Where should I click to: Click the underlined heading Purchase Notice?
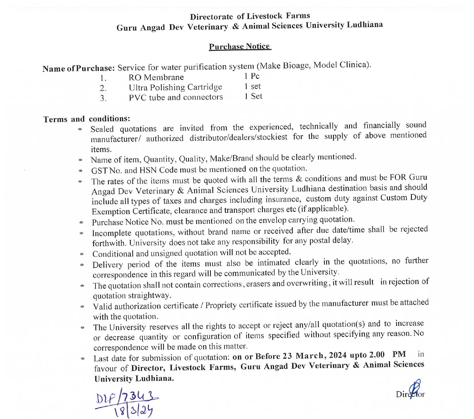tap(239, 47)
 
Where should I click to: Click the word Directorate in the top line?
tap(211, 17)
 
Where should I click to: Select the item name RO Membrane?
tap(156, 78)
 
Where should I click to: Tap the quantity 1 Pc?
tap(252, 76)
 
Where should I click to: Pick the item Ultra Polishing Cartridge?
tap(175, 88)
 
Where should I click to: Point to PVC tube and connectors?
tap(176, 97)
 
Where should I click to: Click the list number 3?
tap(103, 98)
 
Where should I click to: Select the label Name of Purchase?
tap(78, 68)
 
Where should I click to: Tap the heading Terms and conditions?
tap(87, 119)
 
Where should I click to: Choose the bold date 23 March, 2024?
tap(315, 356)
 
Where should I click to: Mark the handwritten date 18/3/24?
tap(134, 411)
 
